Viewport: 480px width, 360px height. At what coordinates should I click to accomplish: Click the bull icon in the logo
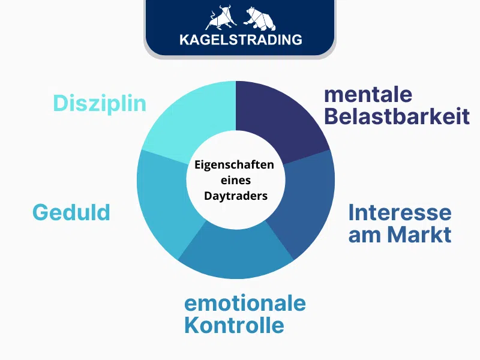221,19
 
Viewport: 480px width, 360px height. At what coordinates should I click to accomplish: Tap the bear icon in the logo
259,19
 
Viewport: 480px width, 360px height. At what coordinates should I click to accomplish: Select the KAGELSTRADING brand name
241,40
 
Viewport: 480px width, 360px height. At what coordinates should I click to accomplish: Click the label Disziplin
100,103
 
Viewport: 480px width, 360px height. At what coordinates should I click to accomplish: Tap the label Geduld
71,212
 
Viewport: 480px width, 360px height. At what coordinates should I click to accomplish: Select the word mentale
368,94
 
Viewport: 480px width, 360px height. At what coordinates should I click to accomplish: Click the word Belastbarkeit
397,116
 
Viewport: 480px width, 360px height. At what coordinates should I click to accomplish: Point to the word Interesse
400,212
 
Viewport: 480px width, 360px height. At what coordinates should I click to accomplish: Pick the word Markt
419,234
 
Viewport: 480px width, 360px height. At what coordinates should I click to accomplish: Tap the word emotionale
245,303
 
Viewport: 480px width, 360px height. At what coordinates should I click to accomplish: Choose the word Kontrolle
234,325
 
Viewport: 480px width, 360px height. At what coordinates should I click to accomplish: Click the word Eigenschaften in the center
234,165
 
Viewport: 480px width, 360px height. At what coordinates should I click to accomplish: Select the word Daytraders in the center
236,196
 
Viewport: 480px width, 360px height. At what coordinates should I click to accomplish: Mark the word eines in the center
236,181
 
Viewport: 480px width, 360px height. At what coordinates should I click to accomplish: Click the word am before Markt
365,236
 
